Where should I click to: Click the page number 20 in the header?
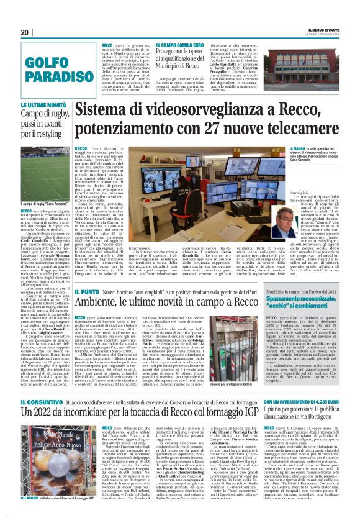coord(24,32)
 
